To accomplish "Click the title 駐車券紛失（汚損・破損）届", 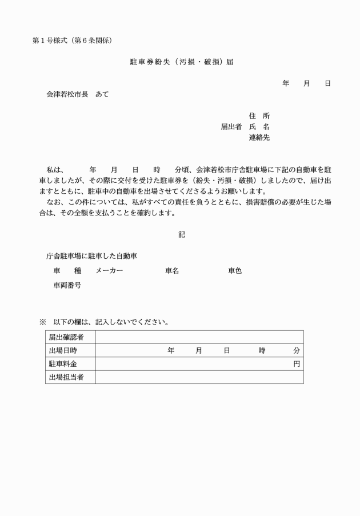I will tap(181, 62).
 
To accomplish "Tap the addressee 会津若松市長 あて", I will tap(77, 94).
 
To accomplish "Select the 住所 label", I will tap(259, 116).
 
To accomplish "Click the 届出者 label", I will tap(231, 127).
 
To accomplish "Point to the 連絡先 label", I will tap(259, 138).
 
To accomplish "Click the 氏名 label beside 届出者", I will tap(259, 127).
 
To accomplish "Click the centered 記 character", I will tap(182, 235).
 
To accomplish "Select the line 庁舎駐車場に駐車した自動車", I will tap(91, 256).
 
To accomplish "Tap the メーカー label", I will tap(109, 271).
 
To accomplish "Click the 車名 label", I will tap(172, 271).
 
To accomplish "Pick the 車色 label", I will tap(235, 271).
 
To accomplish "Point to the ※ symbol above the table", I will tap(42, 322).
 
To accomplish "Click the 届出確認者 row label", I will tap(66, 337).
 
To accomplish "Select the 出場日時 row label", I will tap(63, 350).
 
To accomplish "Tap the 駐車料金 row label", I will tap(63, 364).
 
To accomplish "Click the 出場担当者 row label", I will tap(66, 377).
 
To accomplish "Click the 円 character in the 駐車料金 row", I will tap(297, 364).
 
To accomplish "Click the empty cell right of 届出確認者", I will tap(199, 337).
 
